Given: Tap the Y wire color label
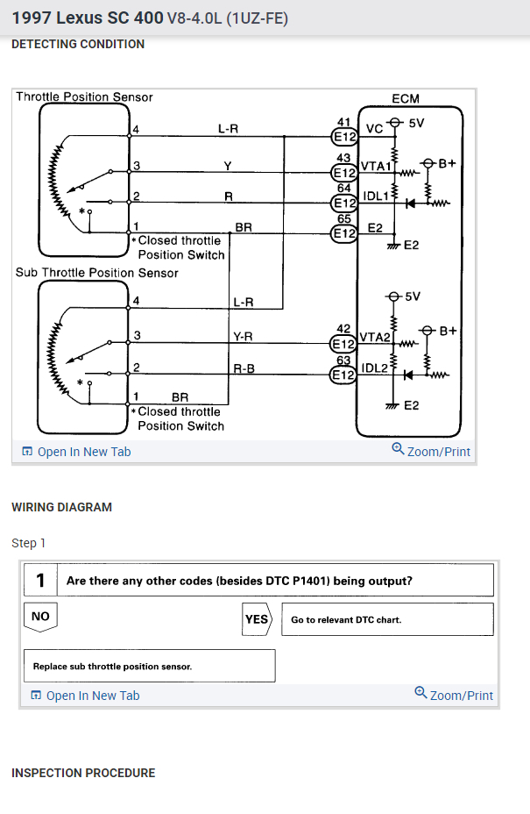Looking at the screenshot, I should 229,166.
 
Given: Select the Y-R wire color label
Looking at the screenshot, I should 243,337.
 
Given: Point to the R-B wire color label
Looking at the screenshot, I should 244,368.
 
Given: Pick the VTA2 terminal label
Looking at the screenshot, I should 375,337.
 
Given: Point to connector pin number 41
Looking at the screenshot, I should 343,120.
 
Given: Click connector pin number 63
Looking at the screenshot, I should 343,360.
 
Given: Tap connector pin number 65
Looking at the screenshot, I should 343,219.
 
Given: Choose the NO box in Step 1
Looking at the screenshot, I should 40,617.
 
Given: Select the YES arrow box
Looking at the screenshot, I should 257,619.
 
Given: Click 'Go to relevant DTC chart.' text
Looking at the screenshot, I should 346,619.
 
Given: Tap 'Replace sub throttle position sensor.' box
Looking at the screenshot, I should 148,666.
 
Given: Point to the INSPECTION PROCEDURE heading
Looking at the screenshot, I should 83,773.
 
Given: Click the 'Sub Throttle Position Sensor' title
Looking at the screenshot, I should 97,273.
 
